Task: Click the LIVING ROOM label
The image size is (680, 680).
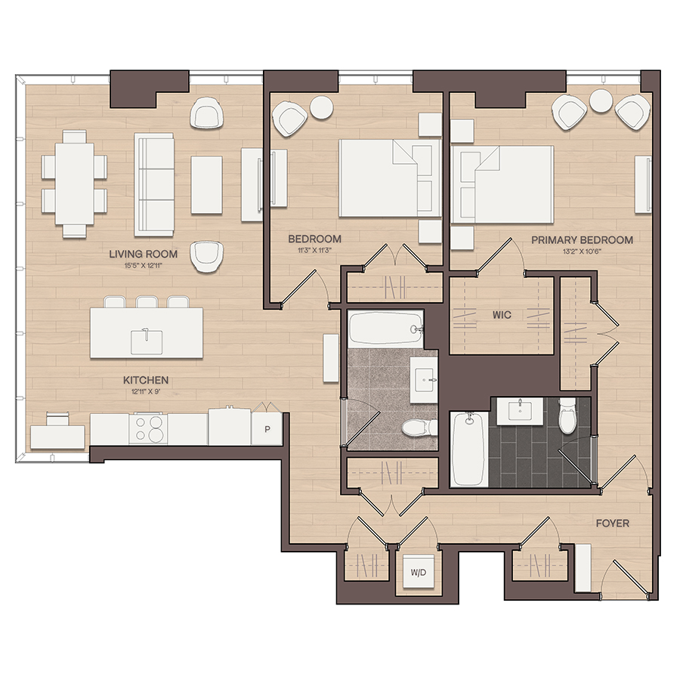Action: pyautogui.click(x=143, y=254)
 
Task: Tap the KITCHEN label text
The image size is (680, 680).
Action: pyautogui.click(x=146, y=380)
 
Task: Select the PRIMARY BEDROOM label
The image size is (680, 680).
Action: pyautogui.click(x=582, y=240)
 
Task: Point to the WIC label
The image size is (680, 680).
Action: pyautogui.click(x=502, y=315)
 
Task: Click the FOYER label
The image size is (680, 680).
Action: pyautogui.click(x=612, y=524)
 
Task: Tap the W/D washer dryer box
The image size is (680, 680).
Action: pyautogui.click(x=419, y=571)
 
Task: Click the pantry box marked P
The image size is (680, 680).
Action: pyautogui.click(x=267, y=429)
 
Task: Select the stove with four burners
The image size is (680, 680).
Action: pyautogui.click(x=148, y=428)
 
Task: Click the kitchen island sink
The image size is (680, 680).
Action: pyautogui.click(x=147, y=342)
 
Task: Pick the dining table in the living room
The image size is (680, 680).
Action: pyautogui.click(x=75, y=184)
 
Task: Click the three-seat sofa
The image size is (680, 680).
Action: pyautogui.click(x=154, y=184)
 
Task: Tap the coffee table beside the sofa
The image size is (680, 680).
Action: pyautogui.click(x=207, y=185)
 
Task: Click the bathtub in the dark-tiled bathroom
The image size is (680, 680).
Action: pyautogui.click(x=468, y=449)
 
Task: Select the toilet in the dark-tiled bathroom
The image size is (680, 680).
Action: pyautogui.click(x=567, y=416)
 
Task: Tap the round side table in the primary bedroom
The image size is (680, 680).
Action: pyautogui.click(x=601, y=100)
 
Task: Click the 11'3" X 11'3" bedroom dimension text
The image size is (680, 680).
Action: pyautogui.click(x=315, y=250)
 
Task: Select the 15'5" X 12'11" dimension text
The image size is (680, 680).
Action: pyautogui.click(x=143, y=265)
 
